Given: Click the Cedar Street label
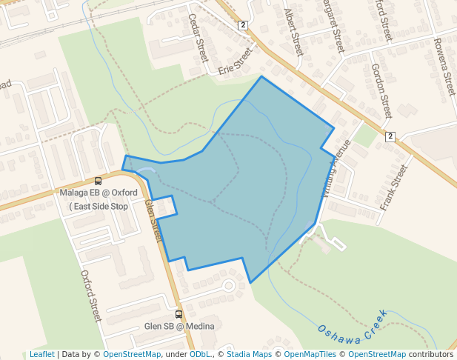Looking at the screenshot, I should [199, 38].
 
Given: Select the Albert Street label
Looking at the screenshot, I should [294, 33].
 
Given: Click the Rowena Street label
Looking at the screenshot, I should [444, 67].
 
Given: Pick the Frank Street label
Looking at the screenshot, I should [394, 187].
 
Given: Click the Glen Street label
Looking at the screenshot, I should [153, 220].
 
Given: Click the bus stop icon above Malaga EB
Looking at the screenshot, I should [99, 181].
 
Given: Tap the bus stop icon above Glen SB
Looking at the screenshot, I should [179, 314].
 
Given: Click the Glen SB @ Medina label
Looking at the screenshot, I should [179, 326].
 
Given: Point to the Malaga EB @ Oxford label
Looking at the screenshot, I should [99, 193].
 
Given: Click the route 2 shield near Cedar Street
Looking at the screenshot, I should [242, 25].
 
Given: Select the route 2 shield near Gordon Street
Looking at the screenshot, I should [390, 136].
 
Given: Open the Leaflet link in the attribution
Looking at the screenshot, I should [41, 354].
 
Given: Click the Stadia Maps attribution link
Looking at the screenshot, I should [249, 354].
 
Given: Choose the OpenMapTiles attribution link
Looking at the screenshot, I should [310, 354].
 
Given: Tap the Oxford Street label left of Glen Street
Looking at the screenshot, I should [90, 296].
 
